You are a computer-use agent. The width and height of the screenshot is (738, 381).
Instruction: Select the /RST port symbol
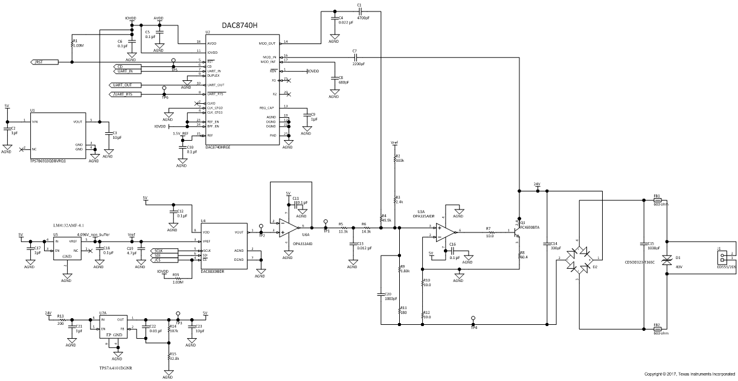(43, 62)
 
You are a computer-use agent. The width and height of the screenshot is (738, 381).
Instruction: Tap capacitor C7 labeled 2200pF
(355, 57)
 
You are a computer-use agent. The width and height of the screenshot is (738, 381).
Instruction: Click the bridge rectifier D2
(580, 260)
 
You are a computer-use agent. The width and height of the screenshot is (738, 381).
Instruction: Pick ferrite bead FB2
(657, 329)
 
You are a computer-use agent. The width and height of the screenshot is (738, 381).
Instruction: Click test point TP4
(473, 318)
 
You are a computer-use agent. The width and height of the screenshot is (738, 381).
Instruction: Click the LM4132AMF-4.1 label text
(69, 225)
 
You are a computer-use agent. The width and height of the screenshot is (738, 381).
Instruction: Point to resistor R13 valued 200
(60, 319)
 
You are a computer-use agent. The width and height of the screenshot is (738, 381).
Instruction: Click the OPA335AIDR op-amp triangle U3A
(447, 231)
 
